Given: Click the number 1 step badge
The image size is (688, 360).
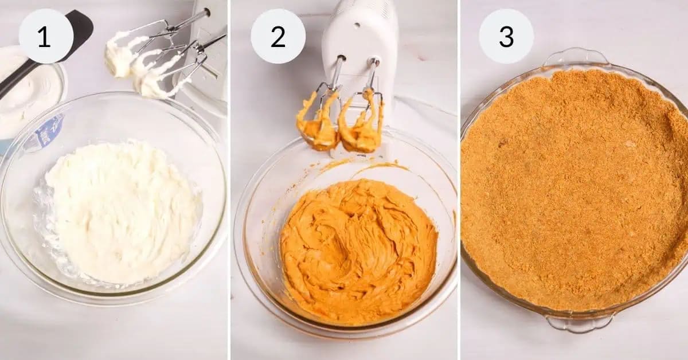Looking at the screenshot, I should coord(46,36).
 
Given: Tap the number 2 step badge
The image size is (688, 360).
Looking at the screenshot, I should coord(278,36).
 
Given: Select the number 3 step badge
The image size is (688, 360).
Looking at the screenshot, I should coord(506,36).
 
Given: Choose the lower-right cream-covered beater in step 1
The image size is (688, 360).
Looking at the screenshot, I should coord(155,80).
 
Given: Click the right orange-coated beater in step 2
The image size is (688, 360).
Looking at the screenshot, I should coord(361,126).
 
